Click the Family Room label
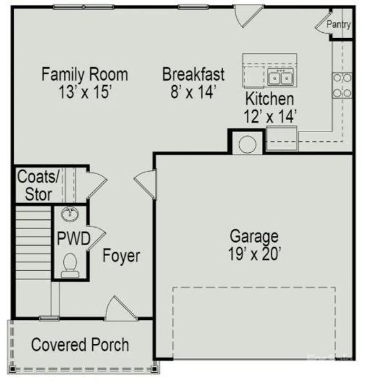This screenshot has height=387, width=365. coord(84,74)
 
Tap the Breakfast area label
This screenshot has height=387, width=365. coord(193,74)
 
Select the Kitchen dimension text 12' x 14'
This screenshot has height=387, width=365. coord(270,116)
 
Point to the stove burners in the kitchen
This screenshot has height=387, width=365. coord(342,85)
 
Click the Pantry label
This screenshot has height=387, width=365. coord(339,25)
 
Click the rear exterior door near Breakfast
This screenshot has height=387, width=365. coord(247,15)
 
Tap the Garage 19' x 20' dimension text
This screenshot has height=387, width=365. coord(255,254)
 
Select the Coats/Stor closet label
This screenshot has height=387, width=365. coord(38,185)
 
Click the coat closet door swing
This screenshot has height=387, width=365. coord(97,184)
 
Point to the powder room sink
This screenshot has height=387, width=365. coord(70,213)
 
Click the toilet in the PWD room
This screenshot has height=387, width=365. coord(70,265)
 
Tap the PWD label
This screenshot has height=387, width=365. coord(74,239)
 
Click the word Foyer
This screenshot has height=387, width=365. coord(121,256)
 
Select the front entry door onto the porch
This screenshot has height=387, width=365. coord(121,308)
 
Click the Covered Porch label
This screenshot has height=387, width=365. coord(80,344)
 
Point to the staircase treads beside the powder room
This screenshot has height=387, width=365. coord(34,243)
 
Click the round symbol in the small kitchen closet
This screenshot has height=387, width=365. coord(248,144)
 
